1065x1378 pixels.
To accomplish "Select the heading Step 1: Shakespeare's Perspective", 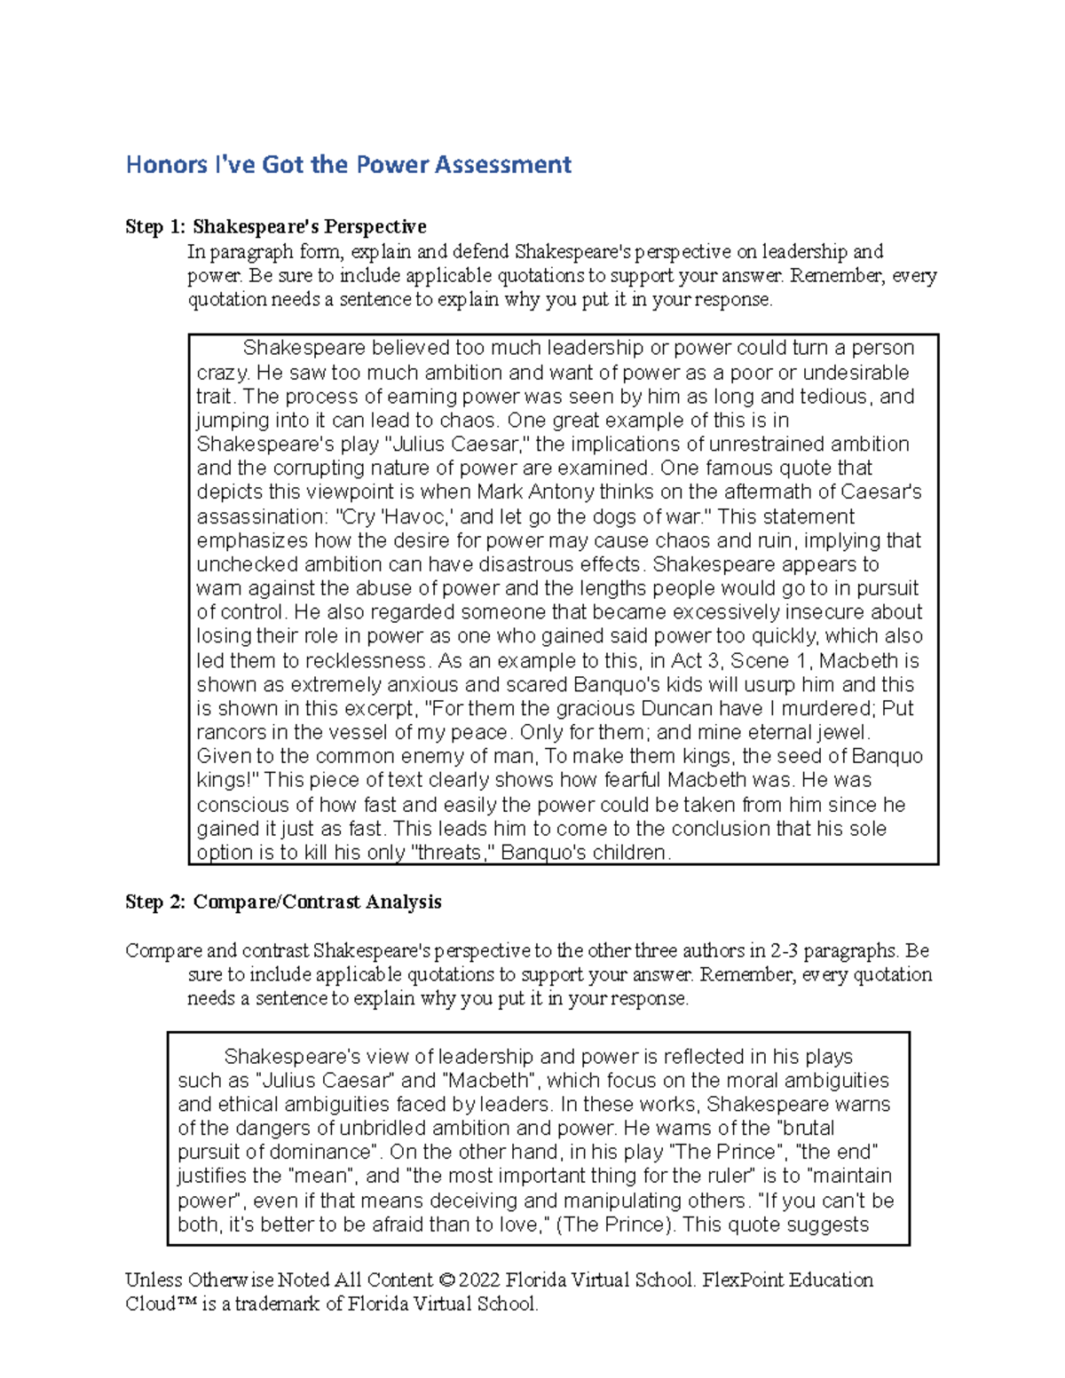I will tap(276, 227).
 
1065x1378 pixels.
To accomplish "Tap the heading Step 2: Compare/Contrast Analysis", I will tap(283, 902).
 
